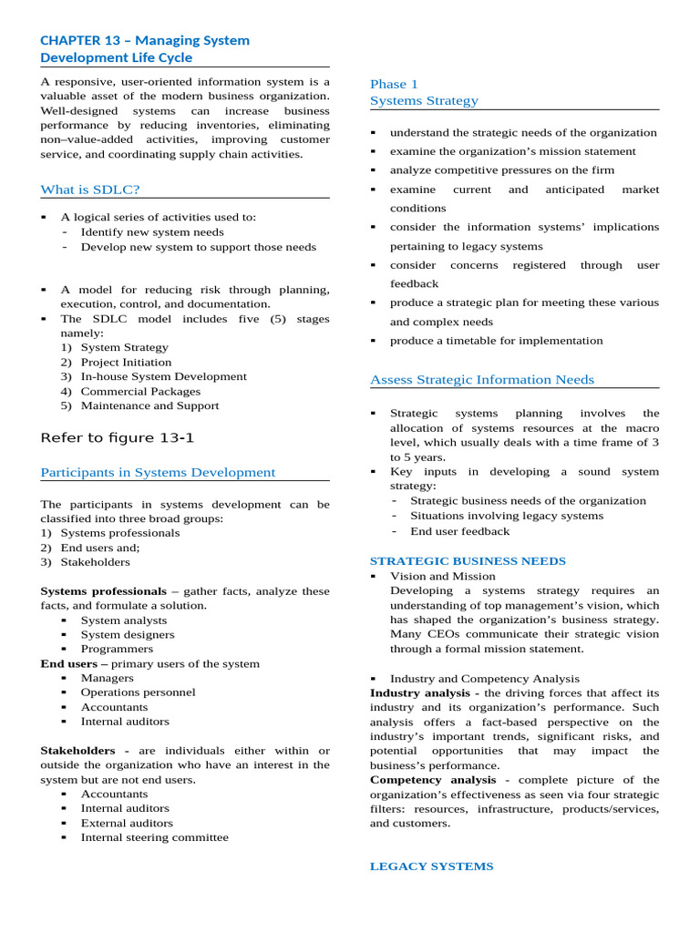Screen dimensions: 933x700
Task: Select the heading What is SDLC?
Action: coord(90,190)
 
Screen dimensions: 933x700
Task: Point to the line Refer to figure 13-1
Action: coord(118,437)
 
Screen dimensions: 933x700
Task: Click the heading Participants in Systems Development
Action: coord(158,472)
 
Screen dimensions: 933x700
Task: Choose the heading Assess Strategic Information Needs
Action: coord(481,379)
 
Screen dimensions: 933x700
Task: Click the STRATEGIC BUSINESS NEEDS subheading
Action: coord(468,561)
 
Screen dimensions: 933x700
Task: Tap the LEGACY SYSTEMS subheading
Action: coord(431,866)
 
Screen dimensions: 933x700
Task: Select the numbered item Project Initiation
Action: coord(126,362)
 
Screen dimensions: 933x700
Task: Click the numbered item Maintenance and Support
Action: coord(149,405)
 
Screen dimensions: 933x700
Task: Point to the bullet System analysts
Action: coord(123,620)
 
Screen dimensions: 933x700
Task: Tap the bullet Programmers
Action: coord(117,649)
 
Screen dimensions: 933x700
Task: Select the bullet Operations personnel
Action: coord(138,692)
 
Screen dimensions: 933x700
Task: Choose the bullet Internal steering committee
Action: coord(154,837)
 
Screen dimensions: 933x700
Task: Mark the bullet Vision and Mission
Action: coord(443,576)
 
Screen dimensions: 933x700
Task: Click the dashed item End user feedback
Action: coord(459,531)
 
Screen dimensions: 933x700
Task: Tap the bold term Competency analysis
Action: coord(433,780)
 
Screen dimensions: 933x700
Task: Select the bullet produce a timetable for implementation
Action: coord(496,341)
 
